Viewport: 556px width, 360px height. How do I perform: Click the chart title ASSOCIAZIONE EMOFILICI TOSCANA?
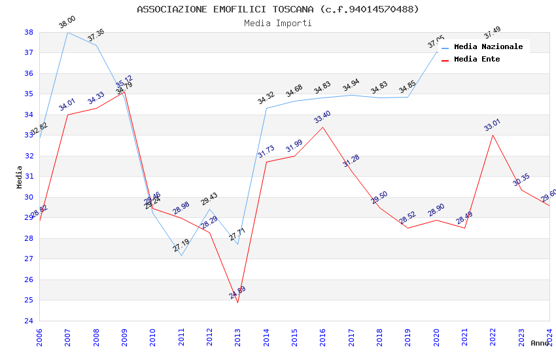point(278,9)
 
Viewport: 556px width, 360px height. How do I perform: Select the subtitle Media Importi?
point(278,23)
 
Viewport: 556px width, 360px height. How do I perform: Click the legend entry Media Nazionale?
point(488,46)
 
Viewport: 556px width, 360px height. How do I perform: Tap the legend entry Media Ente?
point(477,59)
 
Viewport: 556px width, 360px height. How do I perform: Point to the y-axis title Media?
point(19,177)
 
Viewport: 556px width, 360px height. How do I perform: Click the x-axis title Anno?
point(539,343)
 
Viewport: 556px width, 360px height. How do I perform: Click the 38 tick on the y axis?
point(29,32)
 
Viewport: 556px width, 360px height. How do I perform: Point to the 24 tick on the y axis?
point(29,321)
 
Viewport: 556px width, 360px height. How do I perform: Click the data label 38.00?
point(67,23)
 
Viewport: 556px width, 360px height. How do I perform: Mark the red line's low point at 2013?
point(237,302)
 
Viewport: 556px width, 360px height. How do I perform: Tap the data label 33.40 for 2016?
point(322,117)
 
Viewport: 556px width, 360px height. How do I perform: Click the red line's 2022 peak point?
point(493,135)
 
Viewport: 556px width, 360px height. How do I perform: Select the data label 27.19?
point(181,245)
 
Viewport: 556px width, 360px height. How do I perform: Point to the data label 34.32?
point(266,98)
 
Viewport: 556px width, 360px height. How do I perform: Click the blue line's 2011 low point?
point(181,255)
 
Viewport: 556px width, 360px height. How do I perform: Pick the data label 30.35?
point(521,180)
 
